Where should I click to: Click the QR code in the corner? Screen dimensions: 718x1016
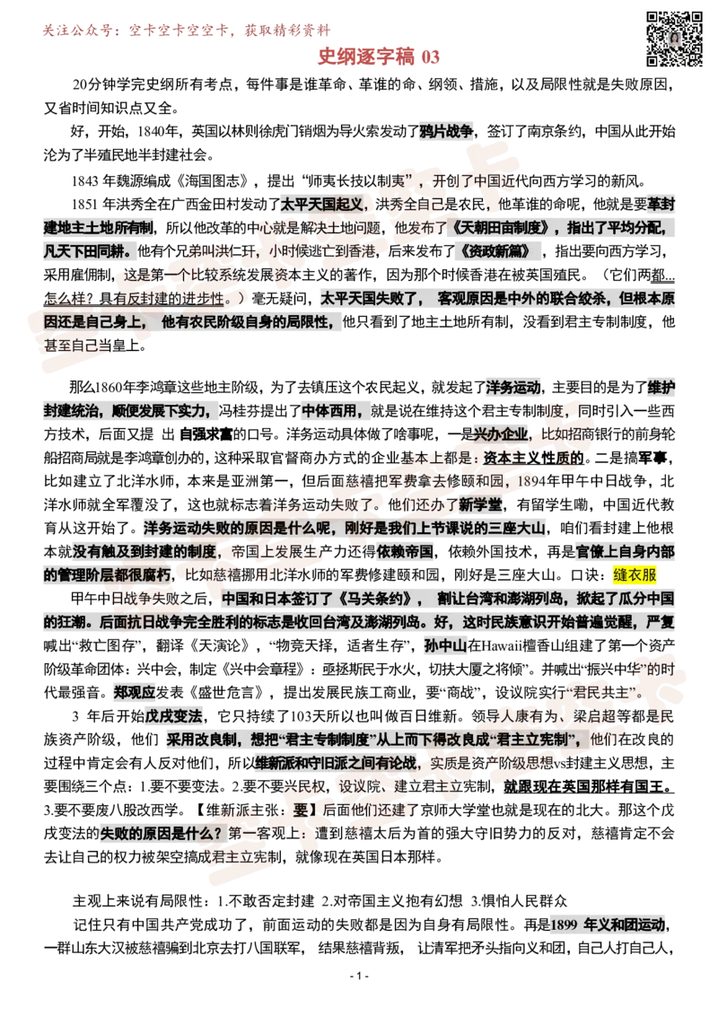(x=675, y=39)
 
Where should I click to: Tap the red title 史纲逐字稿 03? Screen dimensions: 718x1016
(x=379, y=57)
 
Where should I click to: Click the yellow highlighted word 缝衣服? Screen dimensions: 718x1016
(x=635, y=574)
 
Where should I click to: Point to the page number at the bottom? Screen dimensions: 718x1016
(x=359, y=976)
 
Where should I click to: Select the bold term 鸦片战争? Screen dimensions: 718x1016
(x=446, y=132)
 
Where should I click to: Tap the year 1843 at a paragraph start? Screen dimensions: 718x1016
(x=84, y=180)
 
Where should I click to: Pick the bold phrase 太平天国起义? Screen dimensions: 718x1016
(x=322, y=204)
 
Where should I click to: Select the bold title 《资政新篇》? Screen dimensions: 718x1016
(x=495, y=251)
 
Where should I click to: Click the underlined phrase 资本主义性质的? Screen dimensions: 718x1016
(x=534, y=458)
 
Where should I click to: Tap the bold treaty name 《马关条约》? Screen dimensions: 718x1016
(x=375, y=598)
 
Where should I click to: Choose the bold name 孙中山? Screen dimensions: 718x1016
(x=445, y=644)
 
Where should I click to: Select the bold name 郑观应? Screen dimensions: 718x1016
(x=135, y=692)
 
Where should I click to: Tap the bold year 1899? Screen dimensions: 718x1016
(x=563, y=924)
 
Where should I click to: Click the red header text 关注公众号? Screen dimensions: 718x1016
(x=76, y=31)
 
